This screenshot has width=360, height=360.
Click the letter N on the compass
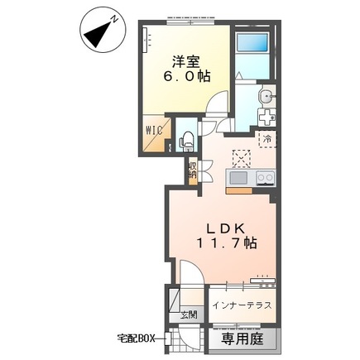point(114,19)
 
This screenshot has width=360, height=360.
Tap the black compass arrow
point(98,34)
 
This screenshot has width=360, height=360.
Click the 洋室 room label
point(186,62)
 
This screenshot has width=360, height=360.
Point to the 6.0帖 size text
point(187,76)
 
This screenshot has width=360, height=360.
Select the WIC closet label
point(154,131)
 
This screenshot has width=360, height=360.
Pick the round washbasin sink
point(266,96)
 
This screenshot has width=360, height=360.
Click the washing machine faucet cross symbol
point(266,118)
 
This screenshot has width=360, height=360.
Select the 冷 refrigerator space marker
point(267,139)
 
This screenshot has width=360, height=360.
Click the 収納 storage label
point(193,170)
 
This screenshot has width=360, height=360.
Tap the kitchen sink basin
point(238,178)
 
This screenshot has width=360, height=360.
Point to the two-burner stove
point(265,177)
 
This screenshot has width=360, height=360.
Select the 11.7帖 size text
point(227,243)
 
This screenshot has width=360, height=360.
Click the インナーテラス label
point(242,305)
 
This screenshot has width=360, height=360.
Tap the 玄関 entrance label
point(189,315)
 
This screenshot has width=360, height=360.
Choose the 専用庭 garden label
point(242,338)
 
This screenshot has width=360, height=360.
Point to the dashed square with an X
point(242,158)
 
